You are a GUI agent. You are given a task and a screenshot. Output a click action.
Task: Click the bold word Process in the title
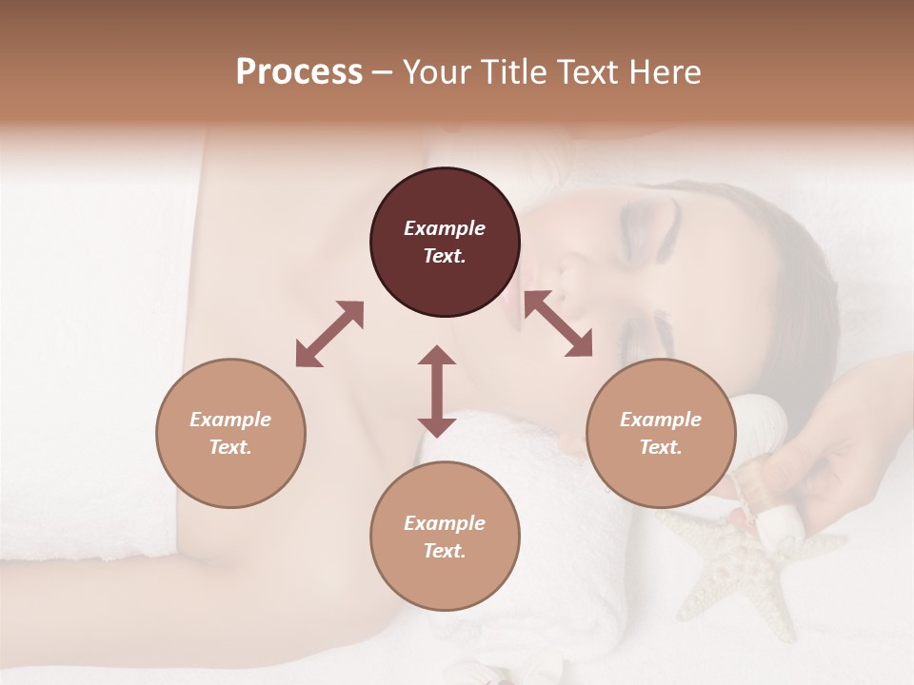click(x=299, y=72)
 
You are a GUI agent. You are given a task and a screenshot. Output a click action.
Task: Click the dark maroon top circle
click(x=445, y=243)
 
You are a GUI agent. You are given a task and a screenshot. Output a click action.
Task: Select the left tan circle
click(x=230, y=434)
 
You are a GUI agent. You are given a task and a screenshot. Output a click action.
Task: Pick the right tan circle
click(x=661, y=434)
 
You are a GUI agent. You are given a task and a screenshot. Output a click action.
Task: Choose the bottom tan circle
click(x=445, y=537)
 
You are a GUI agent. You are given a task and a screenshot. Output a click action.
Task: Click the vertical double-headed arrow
click(x=437, y=391)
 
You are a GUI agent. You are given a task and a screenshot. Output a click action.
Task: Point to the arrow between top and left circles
click(x=329, y=334)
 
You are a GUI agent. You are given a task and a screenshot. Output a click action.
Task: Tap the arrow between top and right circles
click(x=559, y=323)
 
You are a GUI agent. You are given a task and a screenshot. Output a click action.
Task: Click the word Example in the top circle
click(x=445, y=228)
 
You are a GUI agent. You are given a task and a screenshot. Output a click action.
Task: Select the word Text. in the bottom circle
click(x=445, y=551)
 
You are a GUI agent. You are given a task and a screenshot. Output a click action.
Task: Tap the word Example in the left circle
click(x=230, y=420)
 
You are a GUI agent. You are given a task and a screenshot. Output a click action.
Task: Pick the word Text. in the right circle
click(x=661, y=447)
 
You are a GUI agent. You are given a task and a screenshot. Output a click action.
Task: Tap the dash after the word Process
click(x=382, y=72)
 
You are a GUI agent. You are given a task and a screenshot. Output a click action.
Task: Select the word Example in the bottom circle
click(x=445, y=523)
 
